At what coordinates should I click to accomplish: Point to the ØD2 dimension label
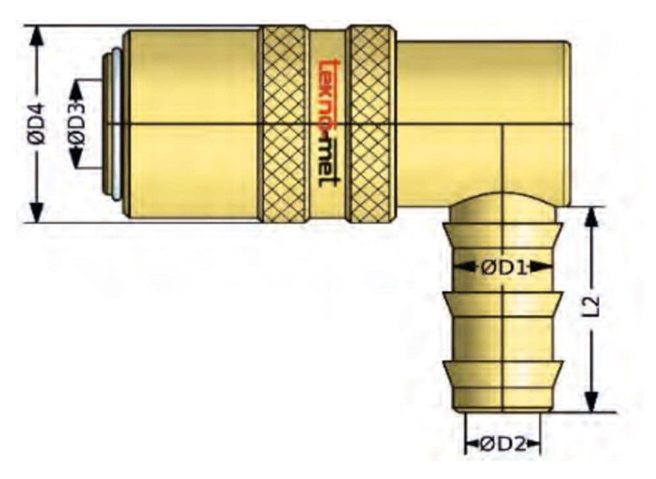point(503,443)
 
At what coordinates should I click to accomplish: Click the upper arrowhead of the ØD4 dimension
point(37,36)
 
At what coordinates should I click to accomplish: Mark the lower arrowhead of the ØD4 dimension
point(37,212)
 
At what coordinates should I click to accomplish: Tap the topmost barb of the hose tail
point(503,235)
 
